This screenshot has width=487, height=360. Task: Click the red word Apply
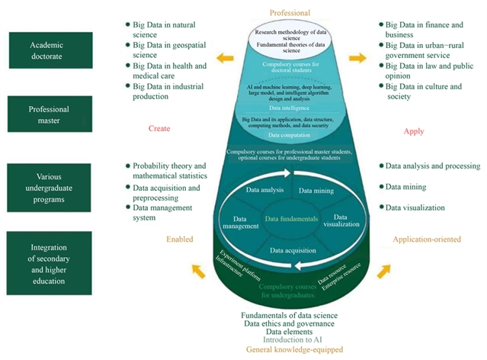pos(413,131)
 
